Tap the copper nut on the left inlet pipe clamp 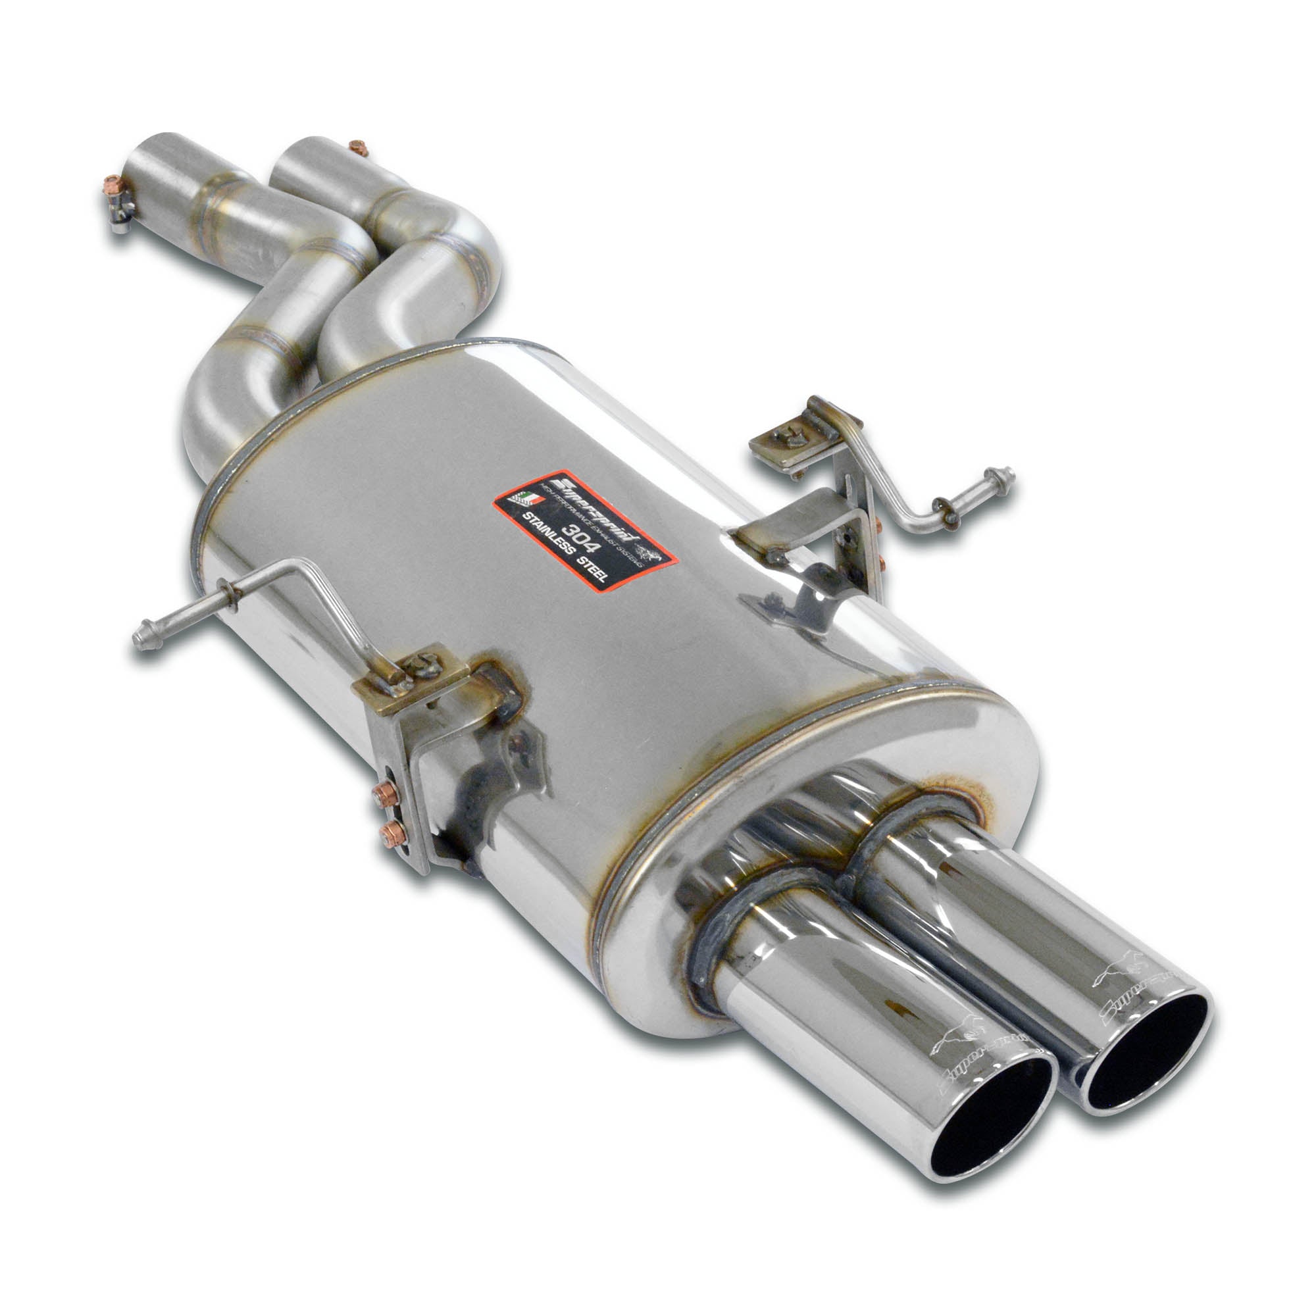tap(111, 185)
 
